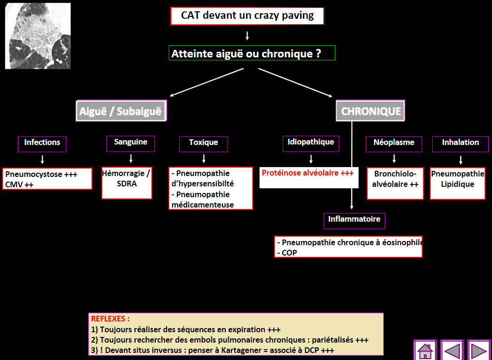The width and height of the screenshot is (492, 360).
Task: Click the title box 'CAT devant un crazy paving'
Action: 247,16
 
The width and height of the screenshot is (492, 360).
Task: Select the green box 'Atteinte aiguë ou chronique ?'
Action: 252,53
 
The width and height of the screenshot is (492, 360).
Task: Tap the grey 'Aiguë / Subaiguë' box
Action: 120,112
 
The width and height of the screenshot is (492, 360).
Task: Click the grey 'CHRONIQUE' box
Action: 371,112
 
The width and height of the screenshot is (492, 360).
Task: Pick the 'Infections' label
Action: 42,143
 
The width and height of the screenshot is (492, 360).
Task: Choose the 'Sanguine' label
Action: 130,142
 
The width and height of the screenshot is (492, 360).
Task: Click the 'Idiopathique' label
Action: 311,142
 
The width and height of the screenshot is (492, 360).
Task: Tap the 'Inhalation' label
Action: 460,143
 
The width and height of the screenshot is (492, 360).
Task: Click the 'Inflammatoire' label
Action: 354,220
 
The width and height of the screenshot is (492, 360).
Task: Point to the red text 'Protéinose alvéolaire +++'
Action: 308,173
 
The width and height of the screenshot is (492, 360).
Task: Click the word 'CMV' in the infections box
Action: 13,184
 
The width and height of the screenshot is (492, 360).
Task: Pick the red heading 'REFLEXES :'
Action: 110,319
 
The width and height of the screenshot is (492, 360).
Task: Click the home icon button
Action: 425,351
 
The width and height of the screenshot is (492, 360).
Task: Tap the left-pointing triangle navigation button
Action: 452,351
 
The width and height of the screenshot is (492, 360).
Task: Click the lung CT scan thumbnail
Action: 38,36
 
